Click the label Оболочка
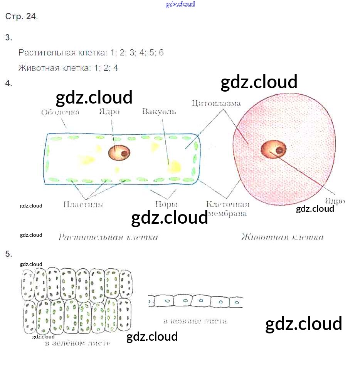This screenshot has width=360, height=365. tap(60, 112)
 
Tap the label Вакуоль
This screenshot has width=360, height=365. tap(159, 112)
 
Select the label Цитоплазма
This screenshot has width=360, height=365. tap(216, 103)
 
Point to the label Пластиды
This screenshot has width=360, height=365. tap(84, 204)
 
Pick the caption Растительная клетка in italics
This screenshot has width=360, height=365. tap(108, 237)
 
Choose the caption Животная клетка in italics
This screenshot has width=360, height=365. tap(283, 237)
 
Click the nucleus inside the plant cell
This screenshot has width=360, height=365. tap(119, 153)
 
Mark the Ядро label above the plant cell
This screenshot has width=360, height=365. tap(109, 112)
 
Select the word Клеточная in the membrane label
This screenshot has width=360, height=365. tap(228, 204)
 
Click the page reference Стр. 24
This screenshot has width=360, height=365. tap(21, 17)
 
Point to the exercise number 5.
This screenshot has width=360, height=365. tap(9, 254)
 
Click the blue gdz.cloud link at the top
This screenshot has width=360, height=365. tap(180, 4)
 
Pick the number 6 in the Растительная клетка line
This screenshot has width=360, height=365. tap(161, 53)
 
